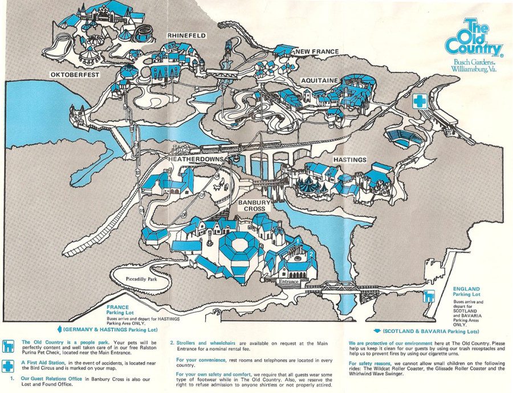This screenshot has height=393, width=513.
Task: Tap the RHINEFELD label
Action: click(x=186, y=35)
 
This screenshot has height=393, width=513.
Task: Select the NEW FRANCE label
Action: click(x=317, y=52)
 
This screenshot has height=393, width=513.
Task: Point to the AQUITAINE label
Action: click(x=320, y=80)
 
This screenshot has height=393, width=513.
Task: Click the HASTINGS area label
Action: click(x=349, y=160)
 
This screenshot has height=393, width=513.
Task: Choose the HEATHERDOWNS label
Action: click(x=196, y=159)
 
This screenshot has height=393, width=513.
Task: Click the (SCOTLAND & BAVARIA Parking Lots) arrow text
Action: click(x=427, y=331)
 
